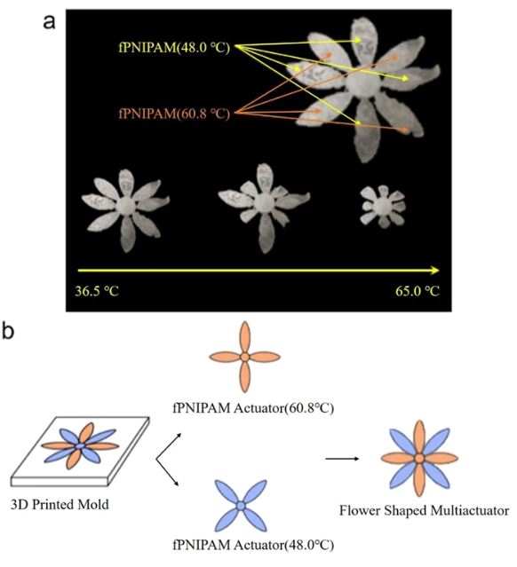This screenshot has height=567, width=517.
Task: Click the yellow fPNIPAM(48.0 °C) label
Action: (174, 47)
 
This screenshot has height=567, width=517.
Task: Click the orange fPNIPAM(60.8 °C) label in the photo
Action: (174, 114)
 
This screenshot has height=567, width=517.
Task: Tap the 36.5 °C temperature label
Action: (97, 291)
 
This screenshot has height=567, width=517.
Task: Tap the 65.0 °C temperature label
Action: (418, 291)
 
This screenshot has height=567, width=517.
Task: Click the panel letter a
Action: (49, 22)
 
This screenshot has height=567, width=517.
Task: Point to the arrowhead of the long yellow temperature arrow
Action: (435, 270)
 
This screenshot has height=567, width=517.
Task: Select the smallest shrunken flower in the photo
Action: (382, 206)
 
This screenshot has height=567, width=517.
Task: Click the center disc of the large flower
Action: (363, 83)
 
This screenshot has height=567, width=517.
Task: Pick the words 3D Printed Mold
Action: (60, 504)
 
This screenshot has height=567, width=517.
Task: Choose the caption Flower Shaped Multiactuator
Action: (425, 510)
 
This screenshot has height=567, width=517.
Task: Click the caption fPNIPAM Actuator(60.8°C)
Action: (253, 408)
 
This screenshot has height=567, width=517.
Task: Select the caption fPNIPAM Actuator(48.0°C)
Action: (253, 545)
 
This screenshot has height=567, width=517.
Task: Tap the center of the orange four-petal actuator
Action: (245, 357)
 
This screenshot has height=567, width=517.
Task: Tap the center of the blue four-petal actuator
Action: (241, 506)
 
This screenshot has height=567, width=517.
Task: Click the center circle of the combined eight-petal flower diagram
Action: (419, 459)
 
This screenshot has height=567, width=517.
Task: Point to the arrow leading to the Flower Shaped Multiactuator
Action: (342, 459)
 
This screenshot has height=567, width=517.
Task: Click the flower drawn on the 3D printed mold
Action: (80, 446)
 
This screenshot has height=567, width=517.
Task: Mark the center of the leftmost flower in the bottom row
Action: (126, 205)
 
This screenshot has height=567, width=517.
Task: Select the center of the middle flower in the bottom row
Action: (264, 203)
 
